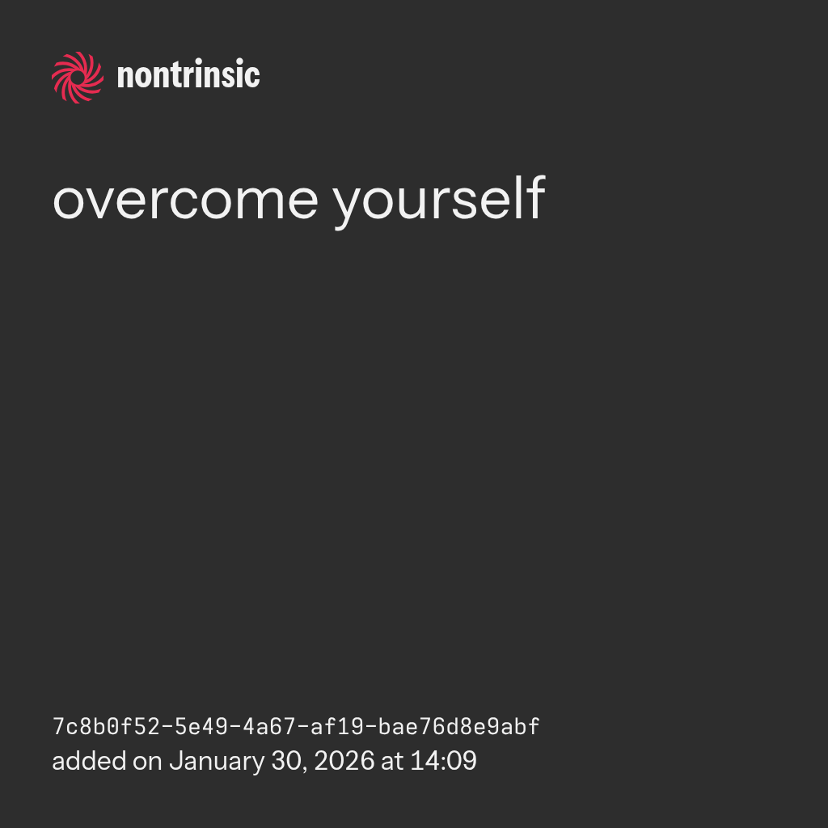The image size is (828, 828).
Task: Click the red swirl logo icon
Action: pyautogui.click(x=78, y=78)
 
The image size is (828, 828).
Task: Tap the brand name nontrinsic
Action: pyautogui.click(x=188, y=74)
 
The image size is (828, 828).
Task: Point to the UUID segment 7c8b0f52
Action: pyautogui.click(x=106, y=727)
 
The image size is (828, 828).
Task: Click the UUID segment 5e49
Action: pyautogui.click(x=201, y=727)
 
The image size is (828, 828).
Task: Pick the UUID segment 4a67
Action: pyautogui.click(x=269, y=727)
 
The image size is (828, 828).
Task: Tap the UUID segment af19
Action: pyautogui.click(x=337, y=727)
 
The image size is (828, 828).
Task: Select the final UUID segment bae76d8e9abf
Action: pyautogui.click(x=459, y=727)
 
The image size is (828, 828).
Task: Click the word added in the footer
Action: pyautogui.click(x=89, y=761)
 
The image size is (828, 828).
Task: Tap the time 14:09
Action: pyautogui.click(x=444, y=762)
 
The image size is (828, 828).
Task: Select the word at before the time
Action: pyautogui.click(x=392, y=763)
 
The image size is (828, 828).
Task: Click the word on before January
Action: pyautogui.click(x=147, y=764)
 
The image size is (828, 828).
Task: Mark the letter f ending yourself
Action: pyautogui.click(x=537, y=197)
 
